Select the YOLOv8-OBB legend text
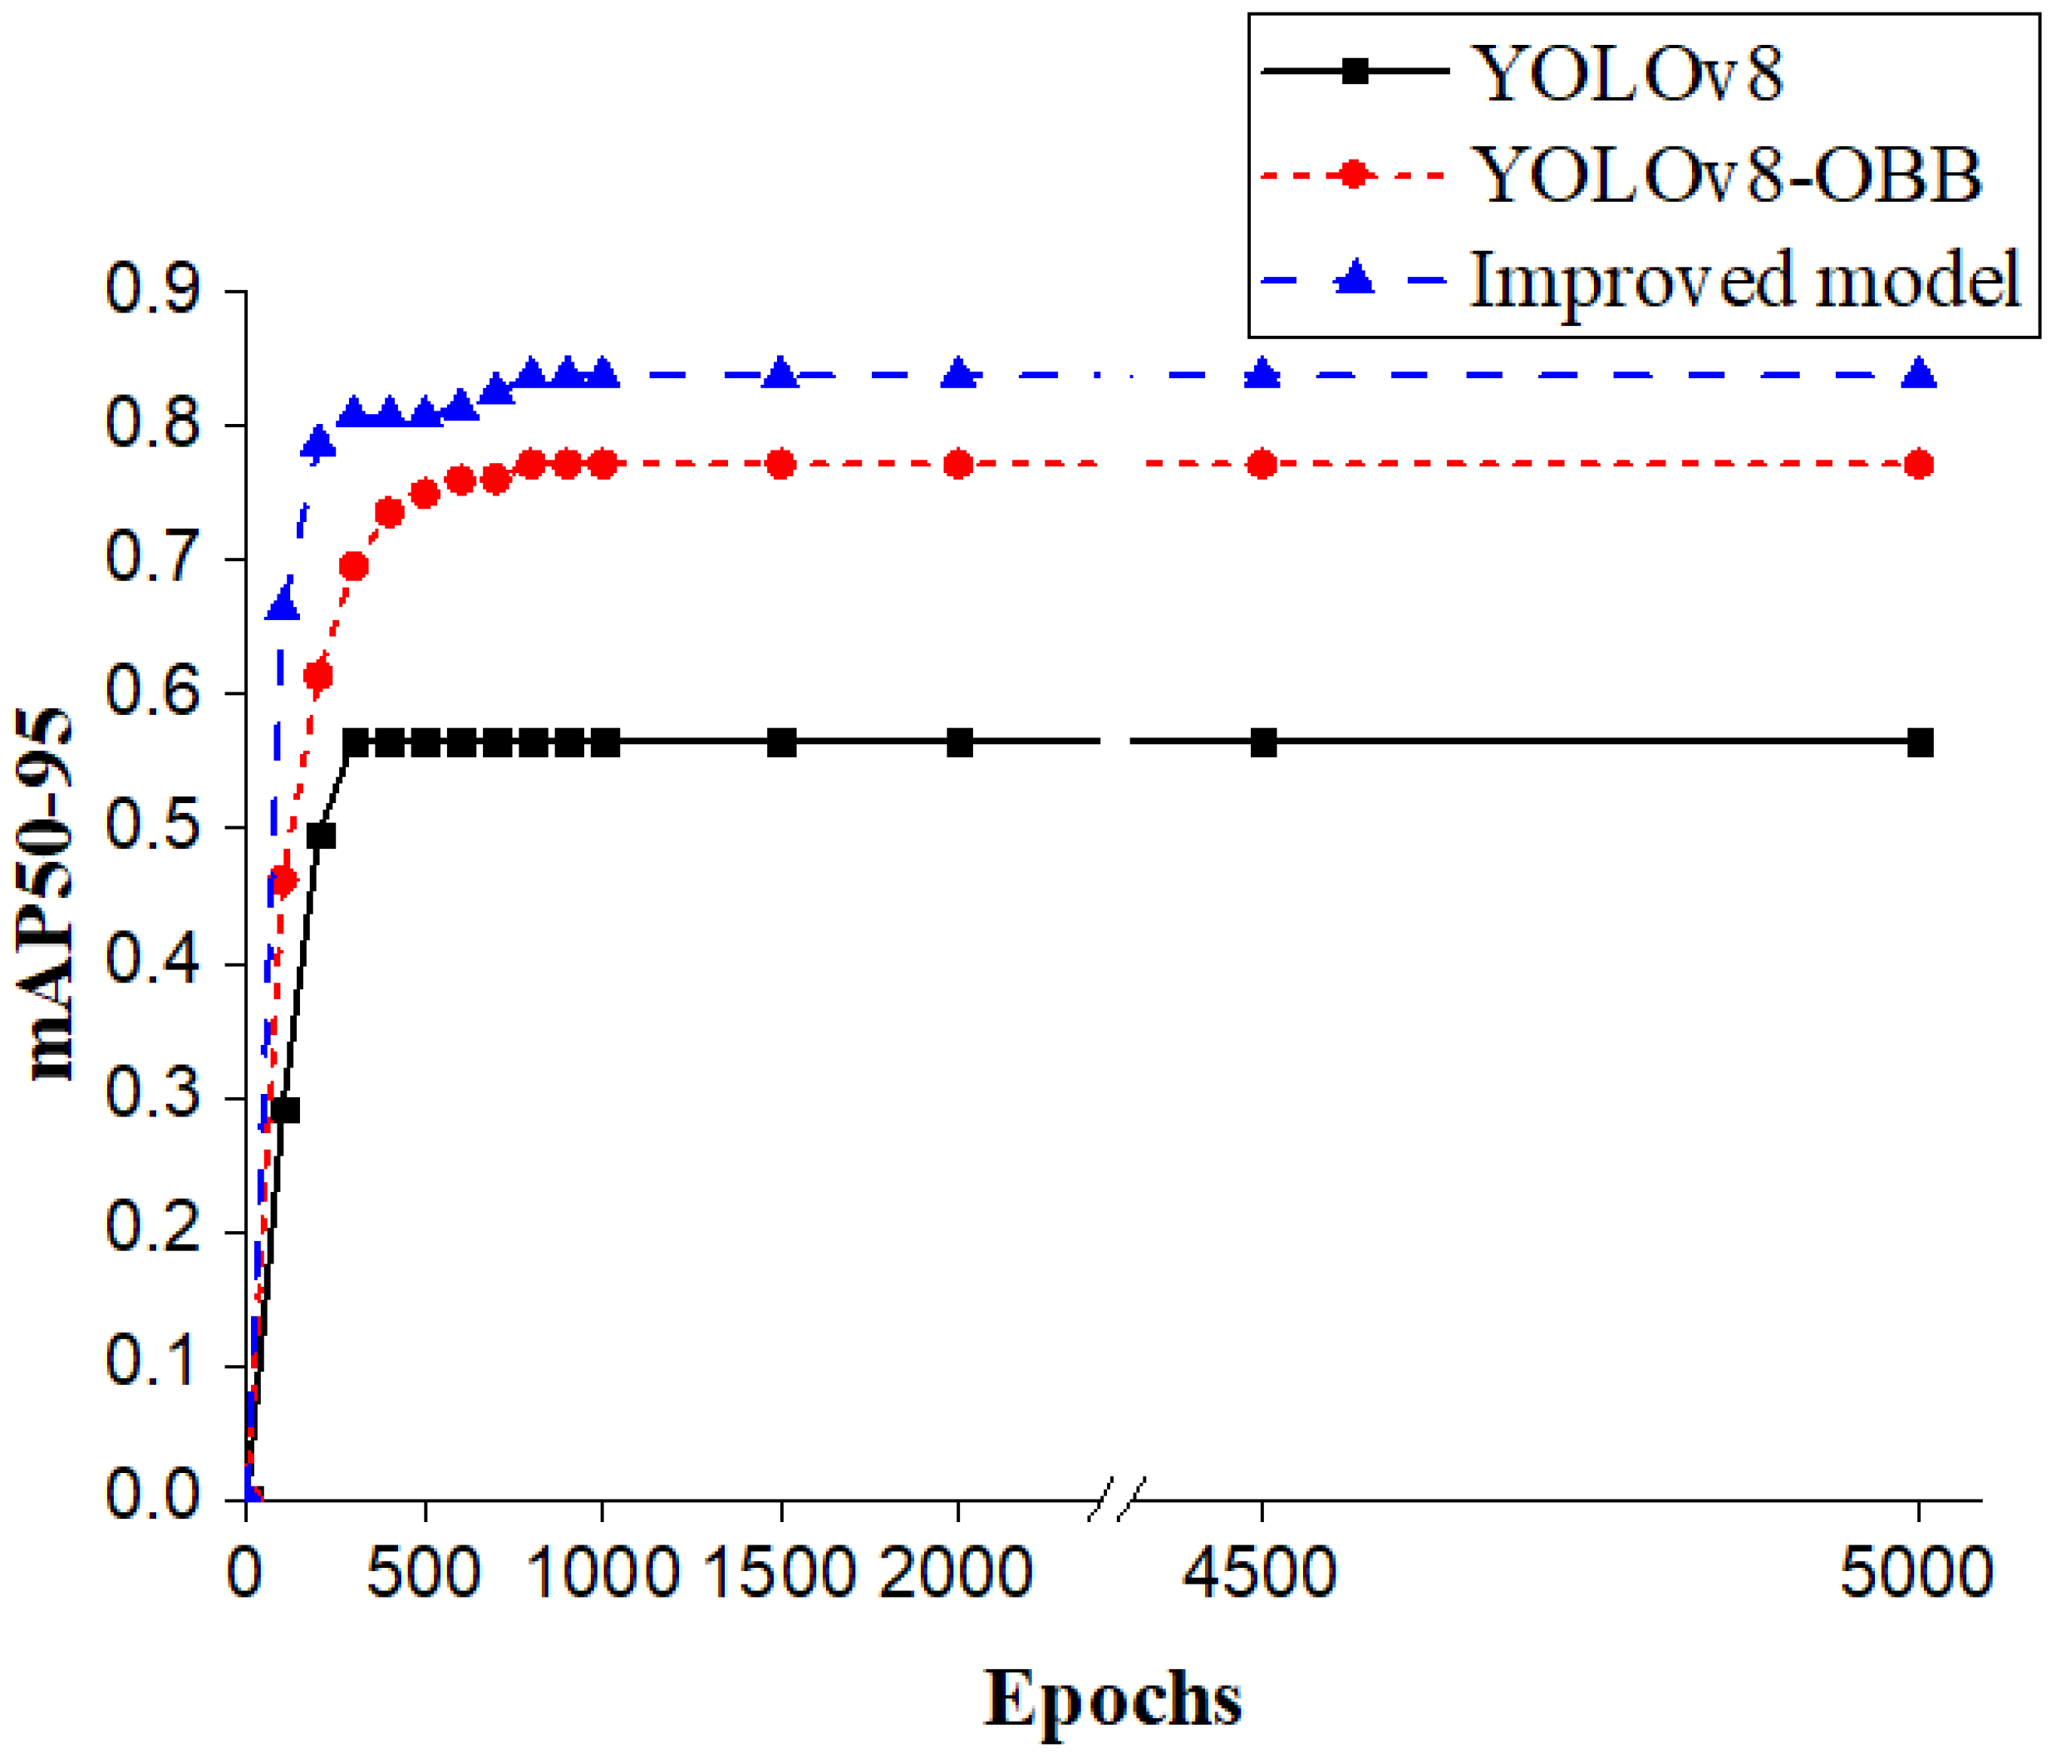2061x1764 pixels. (1727, 175)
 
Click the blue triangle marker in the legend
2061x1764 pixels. (1353, 278)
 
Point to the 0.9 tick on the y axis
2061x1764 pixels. (152, 289)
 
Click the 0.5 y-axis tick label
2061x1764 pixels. (152, 827)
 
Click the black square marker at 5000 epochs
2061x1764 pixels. (1920, 742)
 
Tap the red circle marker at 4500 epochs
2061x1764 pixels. (1262, 465)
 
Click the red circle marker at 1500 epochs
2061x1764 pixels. (781, 465)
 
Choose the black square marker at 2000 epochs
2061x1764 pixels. (959, 742)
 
